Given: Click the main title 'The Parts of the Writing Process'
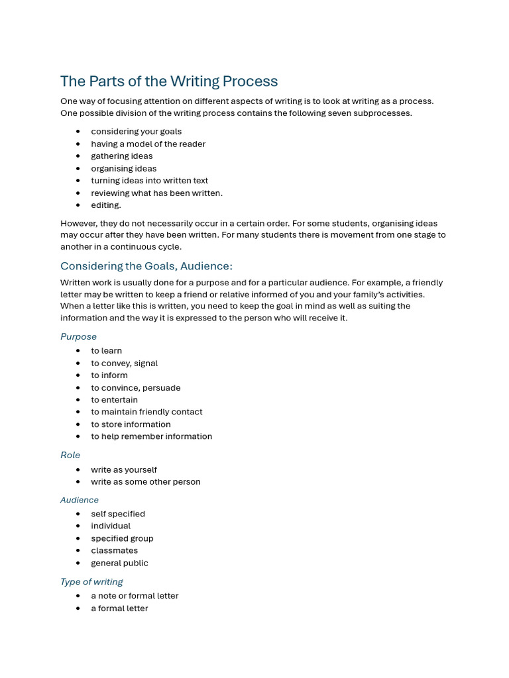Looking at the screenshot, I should pos(169,81).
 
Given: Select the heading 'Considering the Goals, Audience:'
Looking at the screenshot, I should pos(146,266).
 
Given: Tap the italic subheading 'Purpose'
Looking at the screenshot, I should pos(78,337).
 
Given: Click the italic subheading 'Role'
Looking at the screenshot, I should pos(70,456).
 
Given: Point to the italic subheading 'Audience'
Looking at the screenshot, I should pos(80,501).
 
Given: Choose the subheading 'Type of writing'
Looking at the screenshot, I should pos(91,582).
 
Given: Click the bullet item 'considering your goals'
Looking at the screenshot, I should pos(136,132).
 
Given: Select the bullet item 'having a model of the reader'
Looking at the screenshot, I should pos(148,144).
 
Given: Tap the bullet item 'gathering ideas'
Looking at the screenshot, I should pos(122,156).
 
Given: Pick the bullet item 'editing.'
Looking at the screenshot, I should pos(106,205).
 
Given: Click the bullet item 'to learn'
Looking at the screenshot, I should pos(107,351).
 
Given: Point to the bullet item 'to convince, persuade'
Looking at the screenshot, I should pos(136,388).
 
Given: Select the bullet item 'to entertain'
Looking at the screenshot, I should pos(115,400).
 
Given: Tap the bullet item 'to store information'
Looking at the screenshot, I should pos(131,424).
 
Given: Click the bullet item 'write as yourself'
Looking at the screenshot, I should pos(124,470).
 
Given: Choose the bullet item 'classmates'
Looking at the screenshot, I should pos(115,551).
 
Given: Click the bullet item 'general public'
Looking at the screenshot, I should pos(119,563).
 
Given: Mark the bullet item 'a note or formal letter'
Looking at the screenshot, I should pos(135,596).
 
